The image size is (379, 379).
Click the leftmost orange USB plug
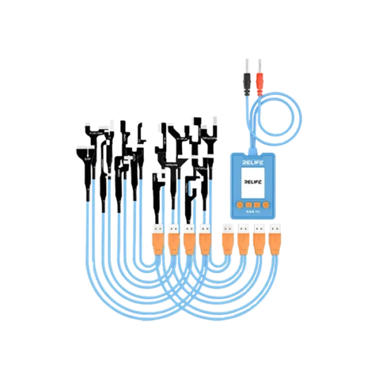tap(156, 242)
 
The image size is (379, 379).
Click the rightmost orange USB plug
tap(276, 241)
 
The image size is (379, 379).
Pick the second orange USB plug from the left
tap(172, 242)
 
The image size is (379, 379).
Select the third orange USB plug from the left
tap(188, 242)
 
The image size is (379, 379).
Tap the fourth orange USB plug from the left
tap(204, 242)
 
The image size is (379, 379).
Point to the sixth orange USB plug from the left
tap(244, 241)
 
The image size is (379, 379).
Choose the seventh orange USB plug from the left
tap(260, 241)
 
